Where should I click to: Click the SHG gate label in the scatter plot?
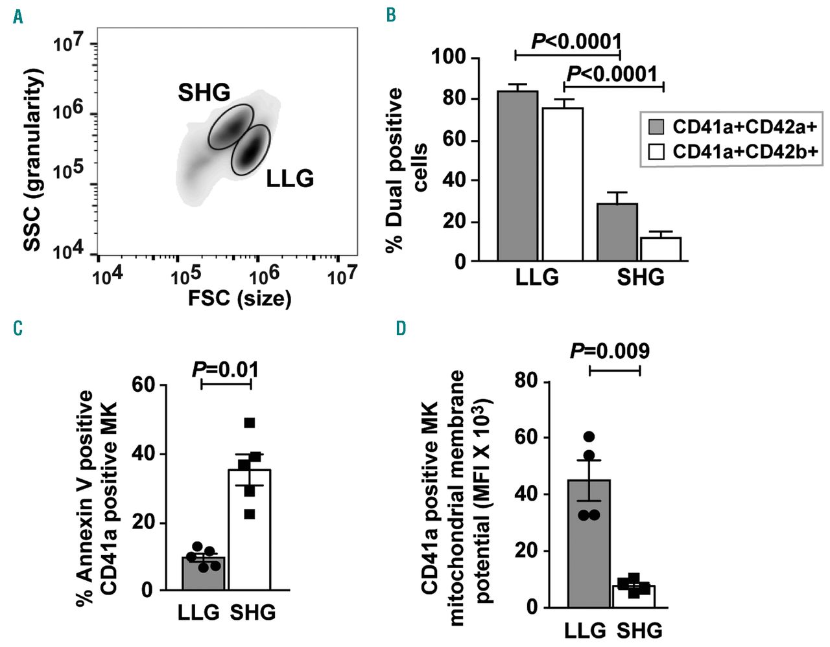coord(204,93)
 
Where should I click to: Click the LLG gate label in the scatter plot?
coord(290,178)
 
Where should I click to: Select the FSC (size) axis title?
coord(239,299)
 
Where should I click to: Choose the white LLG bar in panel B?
coord(563,184)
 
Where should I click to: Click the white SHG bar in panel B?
coord(661,249)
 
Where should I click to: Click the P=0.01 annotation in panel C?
coord(226,370)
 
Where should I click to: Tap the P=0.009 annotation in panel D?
coord(610,351)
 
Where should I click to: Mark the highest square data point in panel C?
coord(249,424)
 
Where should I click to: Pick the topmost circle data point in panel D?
coord(589,437)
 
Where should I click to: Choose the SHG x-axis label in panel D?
coord(640,630)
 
